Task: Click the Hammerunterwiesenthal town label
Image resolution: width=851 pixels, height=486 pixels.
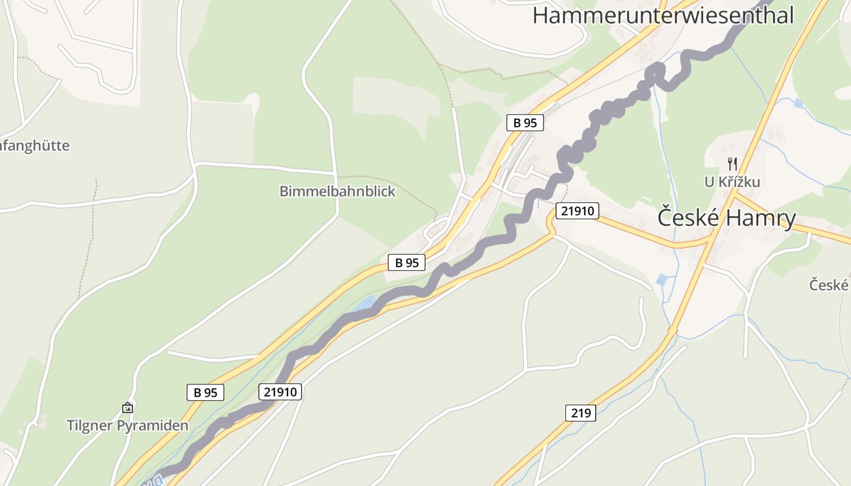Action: click(663, 15)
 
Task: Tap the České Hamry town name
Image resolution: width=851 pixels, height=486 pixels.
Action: click(726, 217)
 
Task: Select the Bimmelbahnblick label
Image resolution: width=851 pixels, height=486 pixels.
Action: click(337, 191)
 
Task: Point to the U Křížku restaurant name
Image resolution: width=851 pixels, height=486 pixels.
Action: click(732, 182)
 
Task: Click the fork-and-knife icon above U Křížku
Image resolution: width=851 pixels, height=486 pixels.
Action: click(732, 163)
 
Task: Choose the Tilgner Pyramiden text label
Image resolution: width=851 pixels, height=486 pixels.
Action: click(128, 425)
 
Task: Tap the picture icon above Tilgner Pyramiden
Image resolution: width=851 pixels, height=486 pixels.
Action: click(128, 408)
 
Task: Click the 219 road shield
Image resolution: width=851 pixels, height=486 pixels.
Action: click(581, 413)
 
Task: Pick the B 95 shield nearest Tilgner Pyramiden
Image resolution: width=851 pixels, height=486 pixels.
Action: click(205, 392)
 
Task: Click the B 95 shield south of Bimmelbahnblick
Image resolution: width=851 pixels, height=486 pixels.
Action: click(407, 262)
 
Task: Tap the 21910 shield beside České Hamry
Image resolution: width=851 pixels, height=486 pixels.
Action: click(577, 211)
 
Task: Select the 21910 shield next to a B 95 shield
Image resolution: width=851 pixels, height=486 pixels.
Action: click(280, 392)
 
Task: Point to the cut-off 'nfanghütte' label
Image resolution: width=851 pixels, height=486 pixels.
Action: click(35, 146)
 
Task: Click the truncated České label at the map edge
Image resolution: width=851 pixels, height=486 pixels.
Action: click(829, 284)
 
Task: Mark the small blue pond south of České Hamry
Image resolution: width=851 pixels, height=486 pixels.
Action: click(661, 280)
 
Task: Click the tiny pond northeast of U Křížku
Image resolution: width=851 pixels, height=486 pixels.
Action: click(798, 103)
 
